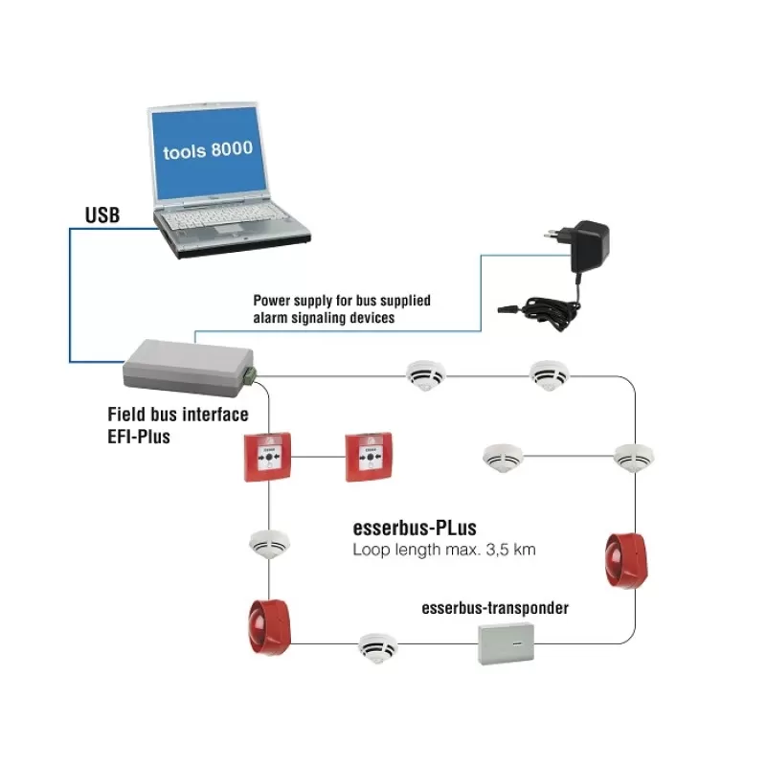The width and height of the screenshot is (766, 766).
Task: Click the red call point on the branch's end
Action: click(369, 457)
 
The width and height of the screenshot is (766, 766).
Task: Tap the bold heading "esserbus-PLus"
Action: click(415, 529)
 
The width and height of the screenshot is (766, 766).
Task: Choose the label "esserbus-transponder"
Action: click(495, 608)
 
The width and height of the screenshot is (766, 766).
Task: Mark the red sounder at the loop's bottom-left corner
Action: click(269, 627)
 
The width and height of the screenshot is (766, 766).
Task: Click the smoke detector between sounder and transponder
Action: click(377, 647)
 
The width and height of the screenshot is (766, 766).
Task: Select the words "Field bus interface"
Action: click(177, 416)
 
